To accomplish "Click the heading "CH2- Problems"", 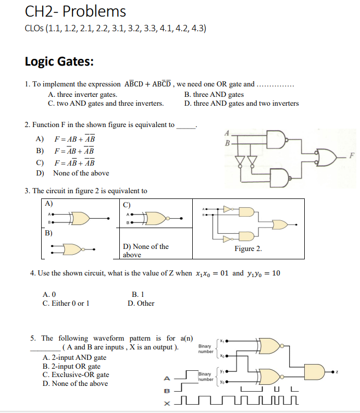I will (x=76, y=11).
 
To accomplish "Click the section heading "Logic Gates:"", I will (x=59, y=61).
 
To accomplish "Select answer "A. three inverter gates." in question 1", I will (x=82, y=94).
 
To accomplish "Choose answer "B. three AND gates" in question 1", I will (x=214, y=94).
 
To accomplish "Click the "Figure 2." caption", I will (x=248, y=248).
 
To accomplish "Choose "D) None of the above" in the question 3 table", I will (x=145, y=251).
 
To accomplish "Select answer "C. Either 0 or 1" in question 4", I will (x=66, y=303).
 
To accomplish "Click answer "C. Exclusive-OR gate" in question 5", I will (x=76, y=374).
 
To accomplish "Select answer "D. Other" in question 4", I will (x=141, y=303).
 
